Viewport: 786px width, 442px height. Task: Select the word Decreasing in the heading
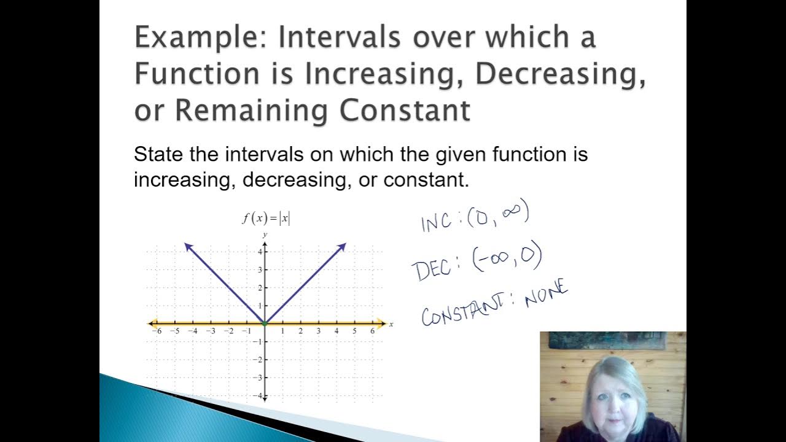[560, 74]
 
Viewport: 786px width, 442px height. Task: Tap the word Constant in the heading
[405, 110]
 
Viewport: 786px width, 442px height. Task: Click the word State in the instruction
[159, 154]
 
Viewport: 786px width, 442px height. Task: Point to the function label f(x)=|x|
[266, 219]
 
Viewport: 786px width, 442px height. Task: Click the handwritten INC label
[437, 221]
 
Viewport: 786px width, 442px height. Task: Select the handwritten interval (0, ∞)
[497, 215]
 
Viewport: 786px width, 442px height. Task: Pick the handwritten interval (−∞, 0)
[507, 259]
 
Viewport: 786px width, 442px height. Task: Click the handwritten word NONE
[546, 294]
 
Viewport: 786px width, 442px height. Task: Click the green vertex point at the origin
[265, 323]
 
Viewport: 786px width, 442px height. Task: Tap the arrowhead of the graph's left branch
[188, 246]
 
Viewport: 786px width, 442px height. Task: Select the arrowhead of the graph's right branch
[343, 246]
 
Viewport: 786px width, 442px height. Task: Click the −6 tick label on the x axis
[157, 331]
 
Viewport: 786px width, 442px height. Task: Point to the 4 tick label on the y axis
[260, 252]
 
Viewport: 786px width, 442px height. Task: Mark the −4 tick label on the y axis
[258, 395]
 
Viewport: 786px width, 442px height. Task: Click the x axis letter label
[391, 324]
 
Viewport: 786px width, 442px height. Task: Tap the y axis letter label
[265, 235]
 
